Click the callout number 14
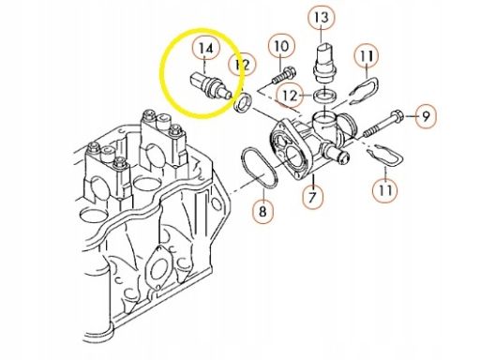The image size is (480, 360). tap(206, 49)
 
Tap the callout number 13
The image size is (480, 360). tap(322, 17)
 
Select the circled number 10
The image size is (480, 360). tap(281, 46)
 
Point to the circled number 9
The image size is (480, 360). tap(426, 116)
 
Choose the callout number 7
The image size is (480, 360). tap(312, 197)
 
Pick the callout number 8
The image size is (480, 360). tap(262, 212)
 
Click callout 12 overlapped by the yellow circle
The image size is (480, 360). tap(242, 65)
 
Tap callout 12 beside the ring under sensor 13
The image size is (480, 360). tap(290, 96)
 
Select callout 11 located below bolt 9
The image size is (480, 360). tap(385, 189)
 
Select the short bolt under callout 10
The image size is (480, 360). tap(283, 75)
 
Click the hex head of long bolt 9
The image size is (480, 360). tap(397, 116)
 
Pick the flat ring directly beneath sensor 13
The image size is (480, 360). tap(325, 95)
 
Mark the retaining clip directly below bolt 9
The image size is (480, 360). tap(384, 156)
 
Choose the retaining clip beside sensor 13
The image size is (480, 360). tap(364, 90)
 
